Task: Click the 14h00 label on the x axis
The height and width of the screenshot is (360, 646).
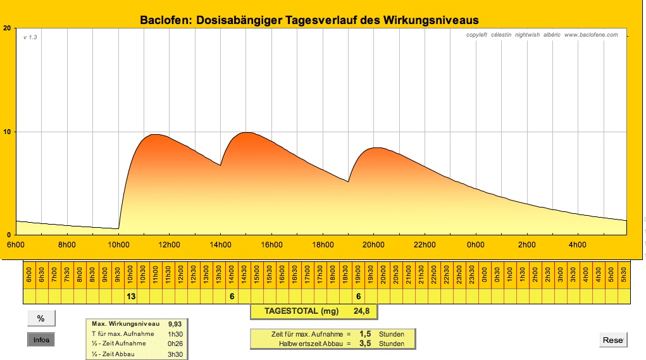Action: coord(220,245)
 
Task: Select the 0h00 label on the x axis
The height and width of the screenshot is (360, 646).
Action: coord(476,245)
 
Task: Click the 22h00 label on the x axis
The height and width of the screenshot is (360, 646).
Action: coord(425,245)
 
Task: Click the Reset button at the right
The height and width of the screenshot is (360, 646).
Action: coord(612,340)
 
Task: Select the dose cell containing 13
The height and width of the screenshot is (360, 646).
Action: coord(131,296)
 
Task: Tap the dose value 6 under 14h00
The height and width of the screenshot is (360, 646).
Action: coord(232,296)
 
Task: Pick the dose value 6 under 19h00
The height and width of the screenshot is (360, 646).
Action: coord(359,296)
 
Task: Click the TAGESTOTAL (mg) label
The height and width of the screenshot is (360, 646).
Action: coord(301,311)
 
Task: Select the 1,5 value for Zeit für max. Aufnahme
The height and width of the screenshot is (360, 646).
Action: coord(364,333)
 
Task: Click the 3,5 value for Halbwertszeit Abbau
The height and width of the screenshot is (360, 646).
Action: coord(364,344)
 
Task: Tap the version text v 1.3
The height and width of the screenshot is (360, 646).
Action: coord(30,37)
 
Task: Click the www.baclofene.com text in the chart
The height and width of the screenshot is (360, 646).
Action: coord(590,35)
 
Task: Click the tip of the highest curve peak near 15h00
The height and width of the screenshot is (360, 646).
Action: coord(247,132)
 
